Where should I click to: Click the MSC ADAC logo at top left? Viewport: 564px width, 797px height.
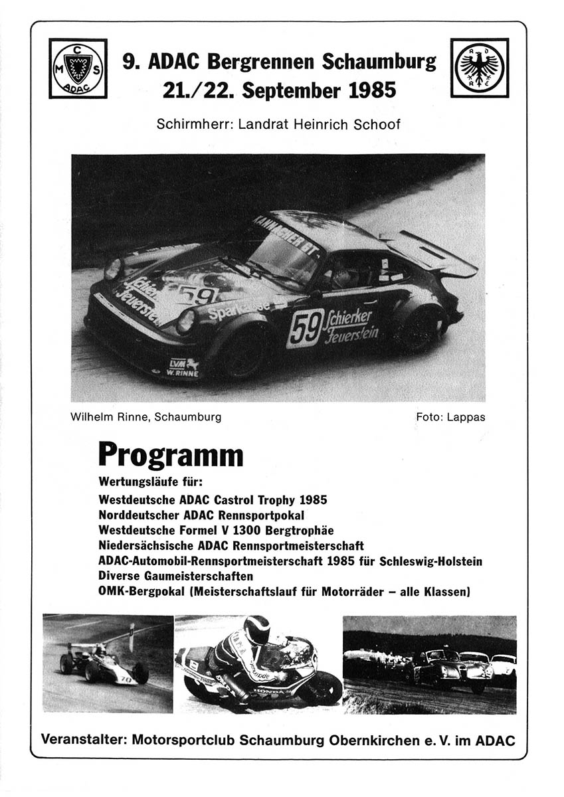tap(78, 68)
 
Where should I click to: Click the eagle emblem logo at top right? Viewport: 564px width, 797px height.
tap(480, 67)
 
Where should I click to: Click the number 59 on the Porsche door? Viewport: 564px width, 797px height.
tap(305, 328)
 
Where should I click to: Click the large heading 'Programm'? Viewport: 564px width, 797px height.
tap(171, 456)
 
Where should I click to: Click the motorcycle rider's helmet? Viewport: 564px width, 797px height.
tap(256, 629)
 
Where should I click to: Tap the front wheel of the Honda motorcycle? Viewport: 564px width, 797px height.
tap(322, 687)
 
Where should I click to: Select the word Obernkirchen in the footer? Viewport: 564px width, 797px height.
tap(375, 740)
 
